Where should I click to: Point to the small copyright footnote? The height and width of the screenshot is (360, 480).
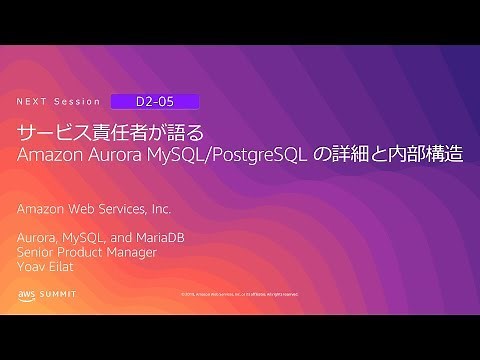[239, 295]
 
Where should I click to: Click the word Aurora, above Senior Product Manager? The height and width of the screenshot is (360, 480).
[38, 238]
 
